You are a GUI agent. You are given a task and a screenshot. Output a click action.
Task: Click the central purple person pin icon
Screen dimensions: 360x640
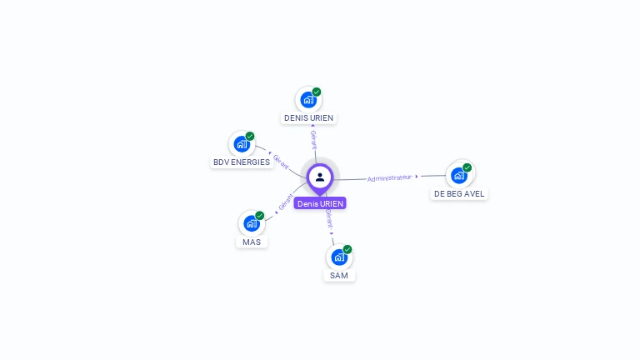[320, 177]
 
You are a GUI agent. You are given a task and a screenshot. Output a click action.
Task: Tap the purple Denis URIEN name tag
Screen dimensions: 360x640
[320, 203]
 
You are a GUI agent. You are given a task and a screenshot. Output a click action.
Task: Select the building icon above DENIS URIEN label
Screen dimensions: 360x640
[308, 100]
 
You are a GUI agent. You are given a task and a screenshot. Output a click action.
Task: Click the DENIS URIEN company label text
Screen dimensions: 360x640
[308, 118]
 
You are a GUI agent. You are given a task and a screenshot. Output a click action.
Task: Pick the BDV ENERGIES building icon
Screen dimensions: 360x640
[242, 144]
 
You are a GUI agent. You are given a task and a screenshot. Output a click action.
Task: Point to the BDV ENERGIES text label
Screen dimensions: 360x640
[242, 162]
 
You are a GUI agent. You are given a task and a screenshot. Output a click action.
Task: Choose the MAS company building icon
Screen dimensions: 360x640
[252, 223]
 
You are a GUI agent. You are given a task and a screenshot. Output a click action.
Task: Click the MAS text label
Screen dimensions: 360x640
[252, 242]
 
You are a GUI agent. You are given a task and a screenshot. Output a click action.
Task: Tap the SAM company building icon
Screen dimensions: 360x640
[339, 257]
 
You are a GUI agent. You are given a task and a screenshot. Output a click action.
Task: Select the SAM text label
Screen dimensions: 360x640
[339, 276]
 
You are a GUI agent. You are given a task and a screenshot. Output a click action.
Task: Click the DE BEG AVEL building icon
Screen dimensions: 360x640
[458, 175]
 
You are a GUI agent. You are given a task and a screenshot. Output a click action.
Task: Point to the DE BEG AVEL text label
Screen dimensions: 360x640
[459, 194]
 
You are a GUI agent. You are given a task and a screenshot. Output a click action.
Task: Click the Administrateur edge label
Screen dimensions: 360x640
[389, 177]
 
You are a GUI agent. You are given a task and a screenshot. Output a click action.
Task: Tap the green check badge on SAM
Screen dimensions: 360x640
[347, 249]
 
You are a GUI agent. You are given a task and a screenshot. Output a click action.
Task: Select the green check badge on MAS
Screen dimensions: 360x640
[260, 216]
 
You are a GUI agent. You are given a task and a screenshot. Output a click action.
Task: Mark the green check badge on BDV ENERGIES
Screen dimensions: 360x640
[250, 137]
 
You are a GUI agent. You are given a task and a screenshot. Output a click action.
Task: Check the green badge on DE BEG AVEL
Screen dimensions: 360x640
[467, 167]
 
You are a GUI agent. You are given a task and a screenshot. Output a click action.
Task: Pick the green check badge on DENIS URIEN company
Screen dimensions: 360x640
[317, 92]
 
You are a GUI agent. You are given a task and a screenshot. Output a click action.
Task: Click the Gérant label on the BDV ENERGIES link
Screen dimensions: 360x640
[281, 162]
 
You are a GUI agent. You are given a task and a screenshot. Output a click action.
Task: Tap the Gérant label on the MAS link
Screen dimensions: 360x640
[286, 202]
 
